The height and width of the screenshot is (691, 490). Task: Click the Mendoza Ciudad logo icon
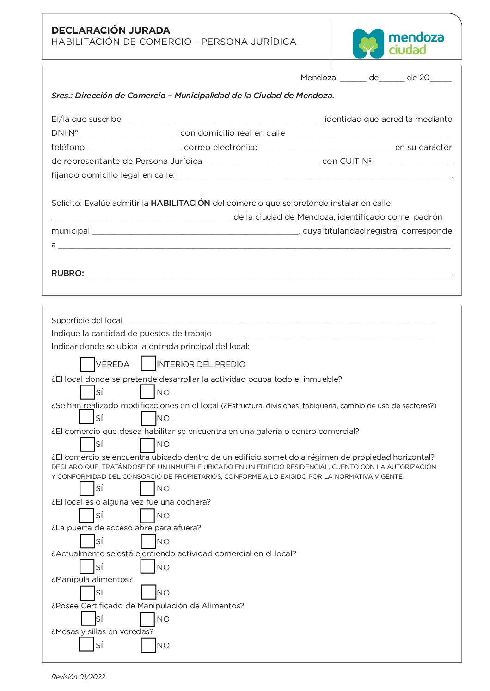pos(368,44)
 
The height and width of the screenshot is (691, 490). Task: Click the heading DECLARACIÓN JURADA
pos(110,30)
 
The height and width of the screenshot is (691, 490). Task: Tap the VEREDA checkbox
pos(87,364)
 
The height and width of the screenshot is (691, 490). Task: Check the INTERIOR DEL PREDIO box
pos(148,363)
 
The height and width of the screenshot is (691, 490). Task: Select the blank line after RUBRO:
pos(269,274)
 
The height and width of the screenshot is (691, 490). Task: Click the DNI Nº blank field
pos(129,133)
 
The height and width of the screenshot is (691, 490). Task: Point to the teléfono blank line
pos(134,148)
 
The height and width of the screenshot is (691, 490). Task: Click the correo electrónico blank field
pos(326,148)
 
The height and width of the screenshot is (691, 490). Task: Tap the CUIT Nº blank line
pos(412,162)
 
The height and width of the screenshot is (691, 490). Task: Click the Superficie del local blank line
pos(280,321)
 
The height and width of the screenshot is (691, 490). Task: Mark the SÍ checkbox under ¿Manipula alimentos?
pos(87,593)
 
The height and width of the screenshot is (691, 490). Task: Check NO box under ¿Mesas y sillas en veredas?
pos(148,645)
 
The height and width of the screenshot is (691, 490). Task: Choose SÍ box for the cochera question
pos(87,515)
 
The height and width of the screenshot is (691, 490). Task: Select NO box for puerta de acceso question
pos(148,541)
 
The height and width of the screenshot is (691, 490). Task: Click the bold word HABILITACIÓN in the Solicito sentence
pos(180,203)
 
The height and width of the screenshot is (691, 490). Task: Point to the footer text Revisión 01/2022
pos(78,677)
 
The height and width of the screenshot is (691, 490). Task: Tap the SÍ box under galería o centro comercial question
pos(87,444)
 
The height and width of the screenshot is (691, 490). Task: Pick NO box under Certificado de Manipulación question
pos(147,619)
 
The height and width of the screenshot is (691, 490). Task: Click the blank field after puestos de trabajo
pos(325,334)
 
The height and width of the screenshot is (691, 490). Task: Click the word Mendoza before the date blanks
pos(318,78)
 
